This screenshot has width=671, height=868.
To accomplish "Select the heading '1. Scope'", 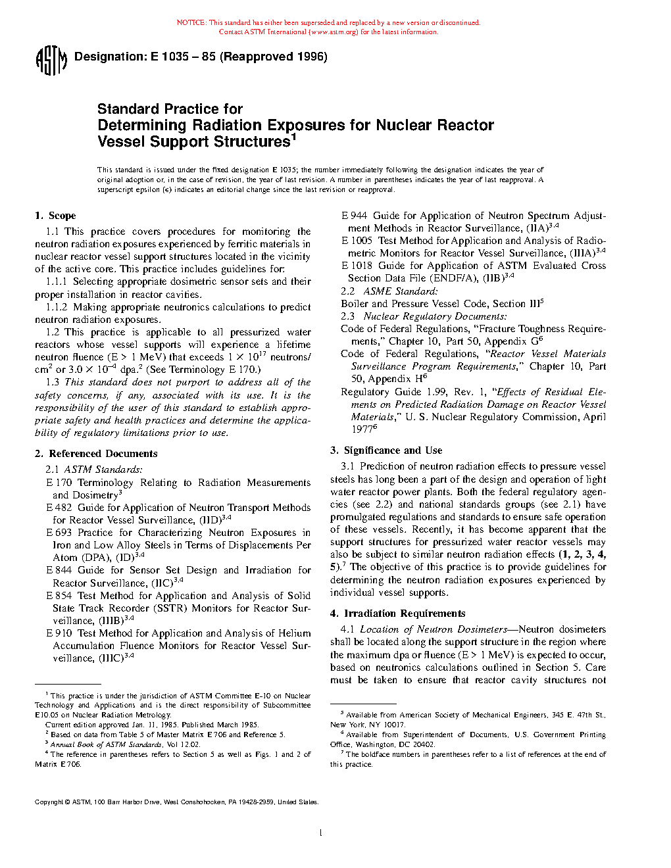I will tap(56, 216).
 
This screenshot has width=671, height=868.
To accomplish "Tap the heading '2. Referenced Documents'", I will tap(96, 454).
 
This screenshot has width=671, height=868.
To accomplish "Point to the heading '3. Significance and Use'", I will tap(386, 450).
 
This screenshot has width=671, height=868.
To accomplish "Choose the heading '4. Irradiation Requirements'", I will tap(398, 614).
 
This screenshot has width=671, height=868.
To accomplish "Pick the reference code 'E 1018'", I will tap(357, 266).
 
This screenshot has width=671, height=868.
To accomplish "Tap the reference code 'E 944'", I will tap(355, 216).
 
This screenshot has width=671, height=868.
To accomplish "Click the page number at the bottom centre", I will tap(320, 833).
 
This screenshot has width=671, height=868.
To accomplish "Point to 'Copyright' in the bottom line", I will tap(49, 802).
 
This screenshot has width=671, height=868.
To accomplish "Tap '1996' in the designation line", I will tap(312, 57).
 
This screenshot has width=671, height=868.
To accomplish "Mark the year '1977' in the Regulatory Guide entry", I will tap(362, 429).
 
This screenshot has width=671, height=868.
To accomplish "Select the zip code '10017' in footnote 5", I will tap(395, 725).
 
